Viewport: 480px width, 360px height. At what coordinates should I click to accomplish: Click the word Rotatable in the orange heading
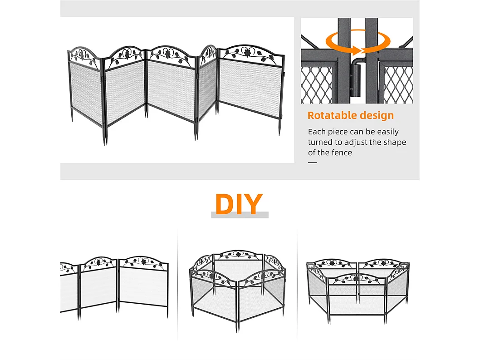[x=330, y=115]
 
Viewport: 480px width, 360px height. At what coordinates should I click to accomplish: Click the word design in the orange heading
[x=373, y=115]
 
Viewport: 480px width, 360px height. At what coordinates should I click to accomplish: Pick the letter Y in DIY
[x=254, y=204]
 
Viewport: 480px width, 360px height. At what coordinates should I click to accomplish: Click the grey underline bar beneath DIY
[x=240, y=215]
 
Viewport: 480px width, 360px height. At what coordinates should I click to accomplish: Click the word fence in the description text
[x=342, y=153]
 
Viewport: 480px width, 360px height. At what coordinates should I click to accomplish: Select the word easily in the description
[x=386, y=132]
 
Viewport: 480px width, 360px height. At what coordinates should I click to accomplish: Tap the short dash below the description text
[x=312, y=163]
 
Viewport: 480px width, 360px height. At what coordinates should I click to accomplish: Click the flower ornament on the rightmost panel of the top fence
[x=248, y=52]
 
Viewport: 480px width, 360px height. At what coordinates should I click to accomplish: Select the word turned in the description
[x=320, y=142]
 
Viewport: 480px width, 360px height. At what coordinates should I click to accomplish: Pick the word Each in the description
[x=316, y=132]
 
